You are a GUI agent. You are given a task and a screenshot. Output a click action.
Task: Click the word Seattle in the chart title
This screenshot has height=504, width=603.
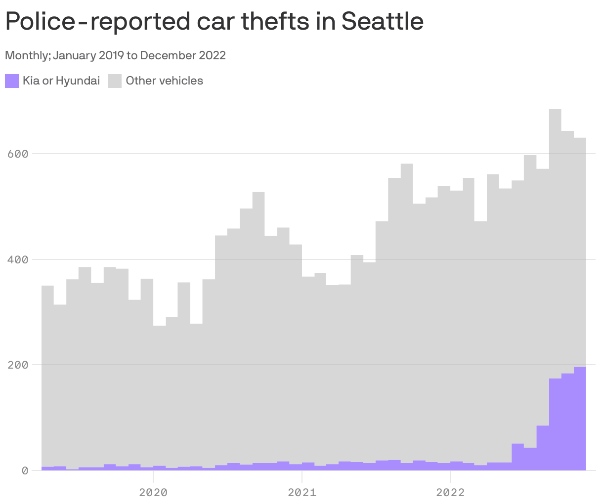pos(382,21)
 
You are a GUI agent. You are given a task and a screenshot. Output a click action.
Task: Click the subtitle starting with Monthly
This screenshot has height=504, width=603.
pos(115,55)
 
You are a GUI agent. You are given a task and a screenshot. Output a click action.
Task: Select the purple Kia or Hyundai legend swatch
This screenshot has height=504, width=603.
pos(12,81)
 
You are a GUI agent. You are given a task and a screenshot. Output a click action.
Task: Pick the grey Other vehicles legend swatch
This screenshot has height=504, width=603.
pos(115,81)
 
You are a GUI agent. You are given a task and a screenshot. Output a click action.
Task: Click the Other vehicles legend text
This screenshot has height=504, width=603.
pos(164,81)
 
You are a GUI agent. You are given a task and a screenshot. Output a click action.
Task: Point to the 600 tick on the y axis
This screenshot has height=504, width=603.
pos(18,154)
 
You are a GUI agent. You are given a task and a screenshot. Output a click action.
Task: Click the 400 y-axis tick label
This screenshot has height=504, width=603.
pos(18,259)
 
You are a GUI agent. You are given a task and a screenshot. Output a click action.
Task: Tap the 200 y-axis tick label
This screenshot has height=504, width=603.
pos(18,365)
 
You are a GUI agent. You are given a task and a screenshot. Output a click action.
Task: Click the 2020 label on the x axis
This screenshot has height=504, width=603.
pos(153,492)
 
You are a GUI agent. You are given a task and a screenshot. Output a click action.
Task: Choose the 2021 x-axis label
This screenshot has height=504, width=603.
pos(301,492)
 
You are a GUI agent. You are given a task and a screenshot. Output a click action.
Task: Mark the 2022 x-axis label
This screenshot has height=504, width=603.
pos(450,492)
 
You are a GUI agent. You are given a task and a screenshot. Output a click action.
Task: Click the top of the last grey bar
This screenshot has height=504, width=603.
pos(580,139)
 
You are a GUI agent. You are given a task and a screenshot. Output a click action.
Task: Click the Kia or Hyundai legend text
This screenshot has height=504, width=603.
pos(61,81)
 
